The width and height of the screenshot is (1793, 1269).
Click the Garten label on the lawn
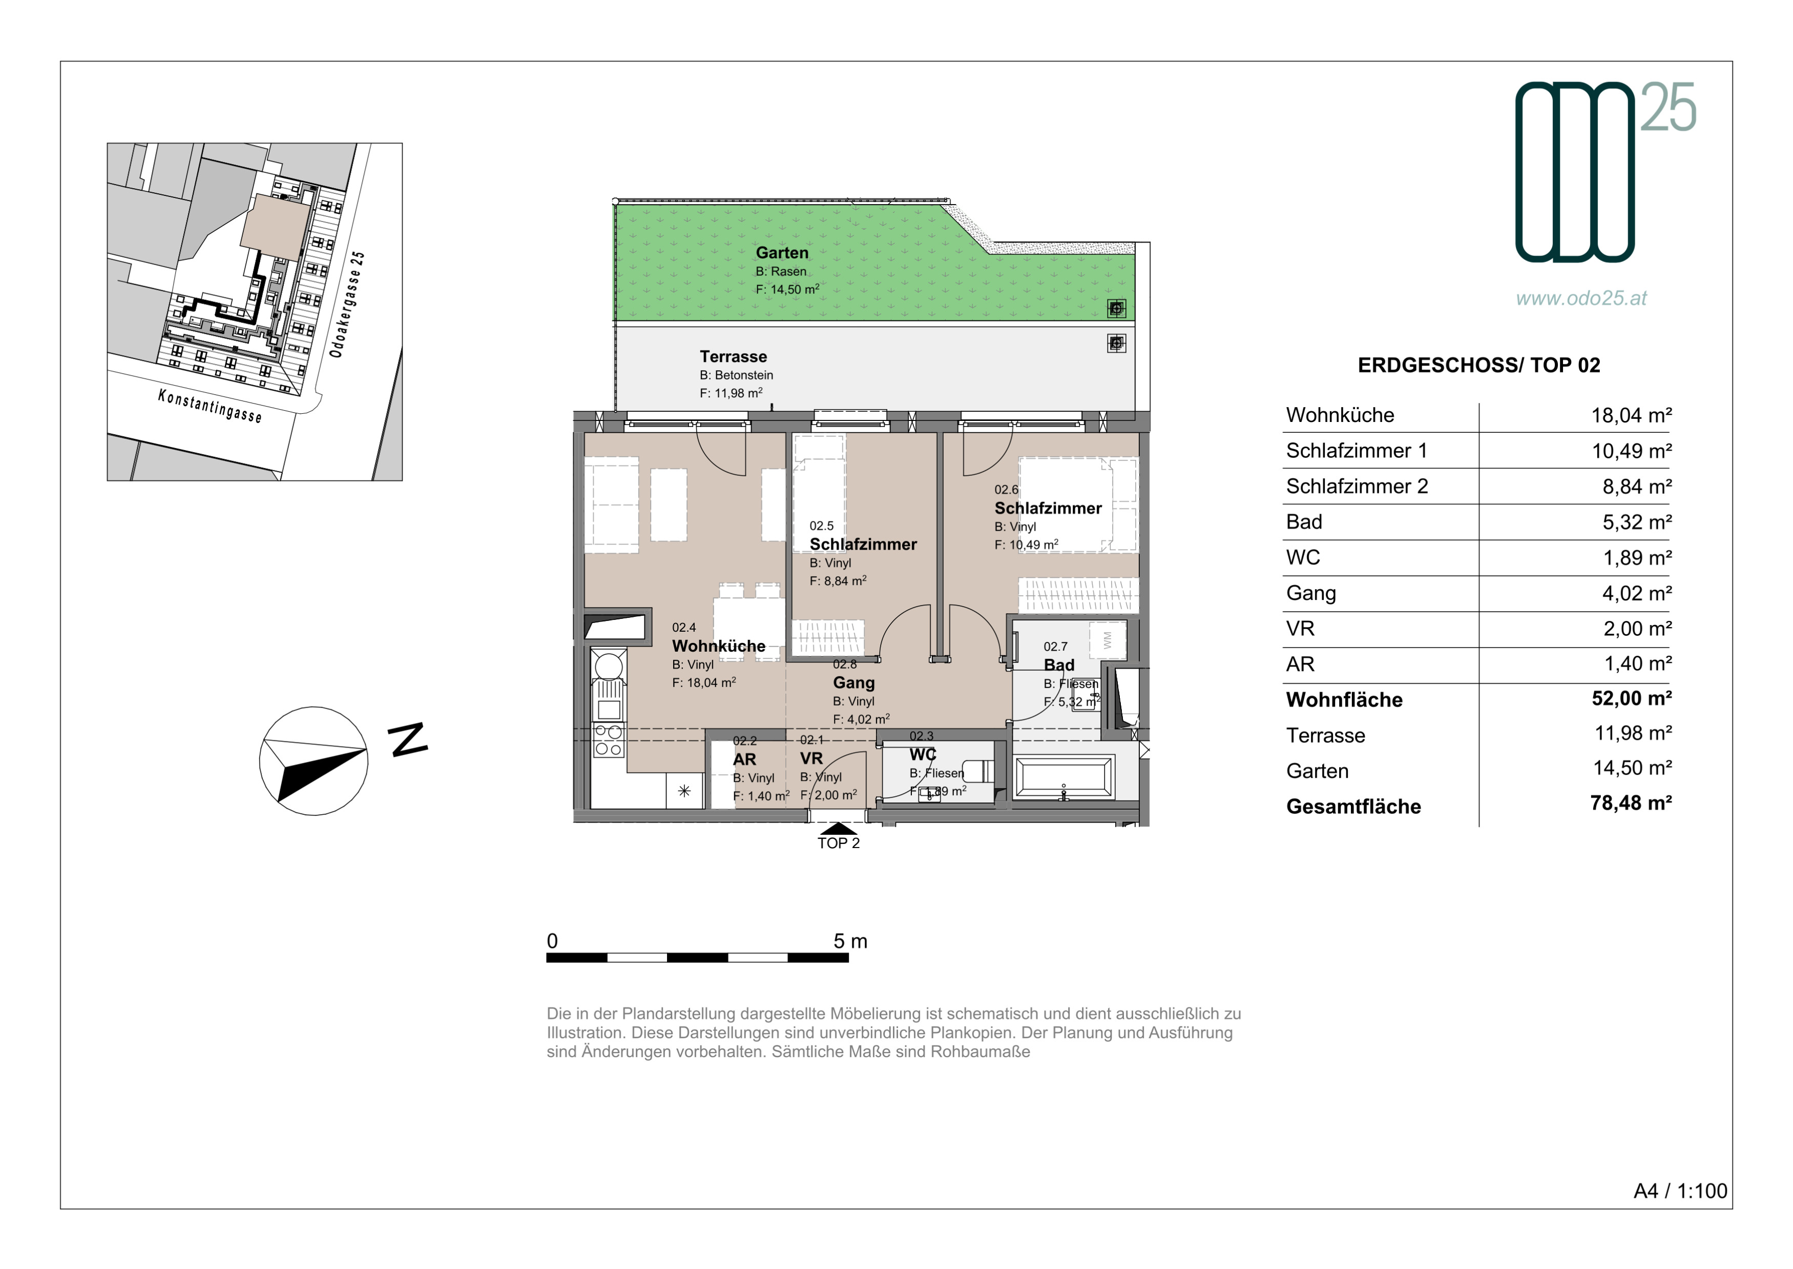click(782, 252)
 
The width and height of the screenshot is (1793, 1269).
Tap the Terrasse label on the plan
click(733, 356)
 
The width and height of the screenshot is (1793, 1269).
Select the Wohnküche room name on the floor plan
click(718, 646)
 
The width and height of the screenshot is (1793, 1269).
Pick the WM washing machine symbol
click(1108, 640)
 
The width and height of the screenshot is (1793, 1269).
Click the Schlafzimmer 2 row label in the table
click(1357, 486)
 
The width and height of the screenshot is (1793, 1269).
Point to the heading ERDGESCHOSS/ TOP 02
click(1478, 365)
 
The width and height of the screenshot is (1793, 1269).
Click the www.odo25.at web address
click(1581, 298)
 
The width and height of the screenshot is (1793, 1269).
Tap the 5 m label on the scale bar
click(850, 941)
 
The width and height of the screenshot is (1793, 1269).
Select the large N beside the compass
click(408, 739)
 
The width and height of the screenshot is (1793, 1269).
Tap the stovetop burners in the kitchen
click(609, 741)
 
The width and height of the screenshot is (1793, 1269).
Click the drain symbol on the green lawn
click(1117, 309)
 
